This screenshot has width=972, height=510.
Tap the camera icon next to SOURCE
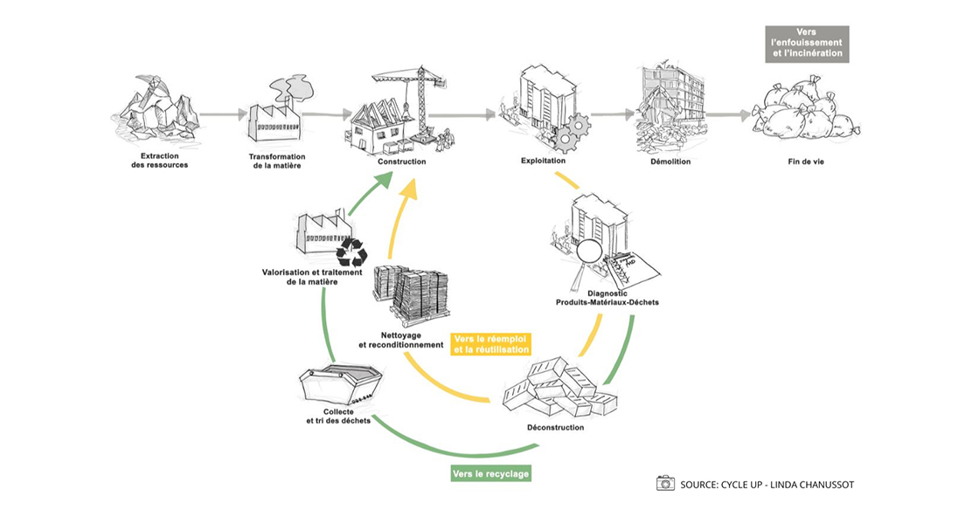point(665,483)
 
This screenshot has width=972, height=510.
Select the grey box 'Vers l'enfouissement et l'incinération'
point(812,43)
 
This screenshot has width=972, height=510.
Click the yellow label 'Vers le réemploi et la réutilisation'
point(492,343)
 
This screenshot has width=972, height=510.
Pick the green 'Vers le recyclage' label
point(491,473)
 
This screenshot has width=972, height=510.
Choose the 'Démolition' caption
point(670,162)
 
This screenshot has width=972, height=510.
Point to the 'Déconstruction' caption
point(556,427)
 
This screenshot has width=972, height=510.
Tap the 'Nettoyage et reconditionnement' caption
point(401,339)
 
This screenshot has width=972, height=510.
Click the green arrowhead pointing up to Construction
point(382,182)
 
